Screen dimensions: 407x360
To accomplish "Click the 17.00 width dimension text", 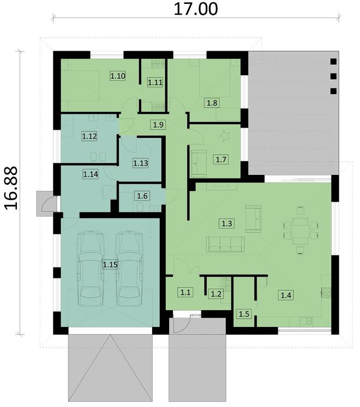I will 195,9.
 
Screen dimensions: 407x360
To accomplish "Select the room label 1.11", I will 155,82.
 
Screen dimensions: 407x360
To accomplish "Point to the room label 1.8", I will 212,102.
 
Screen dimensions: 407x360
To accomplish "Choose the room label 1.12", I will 89,136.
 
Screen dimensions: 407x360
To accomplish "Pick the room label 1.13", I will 141,162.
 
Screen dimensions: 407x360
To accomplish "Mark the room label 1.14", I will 91,174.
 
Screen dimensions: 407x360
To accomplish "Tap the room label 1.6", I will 141,195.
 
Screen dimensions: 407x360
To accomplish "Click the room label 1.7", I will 221,159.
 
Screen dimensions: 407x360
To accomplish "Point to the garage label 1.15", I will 110,265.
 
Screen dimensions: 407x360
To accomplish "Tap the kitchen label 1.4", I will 286,295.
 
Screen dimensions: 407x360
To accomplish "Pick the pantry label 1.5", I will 243,314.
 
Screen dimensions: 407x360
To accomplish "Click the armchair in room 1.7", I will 199,162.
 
